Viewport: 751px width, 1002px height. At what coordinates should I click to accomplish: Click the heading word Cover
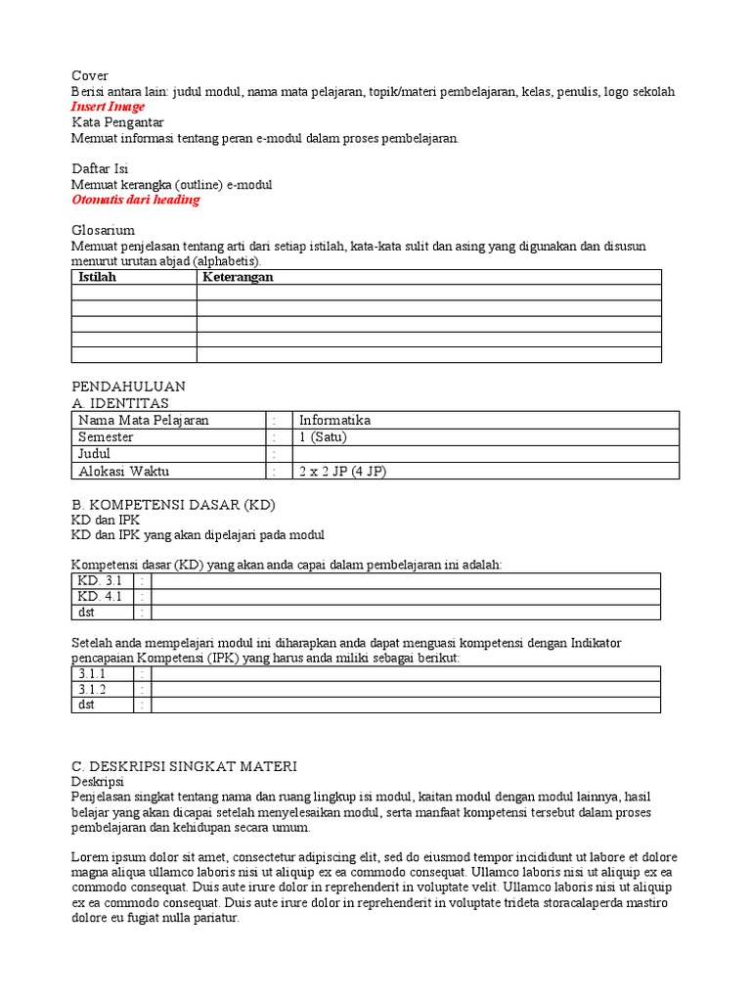pyautogui.click(x=90, y=76)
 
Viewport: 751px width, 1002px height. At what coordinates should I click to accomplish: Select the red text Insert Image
pyautogui.click(x=108, y=107)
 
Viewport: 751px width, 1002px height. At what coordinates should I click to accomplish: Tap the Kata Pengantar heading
pyautogui.click(x=117, y=122)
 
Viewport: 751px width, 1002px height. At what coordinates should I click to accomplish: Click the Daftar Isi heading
pyautogui.click(x=100, y=168)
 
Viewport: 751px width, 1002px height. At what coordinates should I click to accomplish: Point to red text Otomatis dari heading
pyautogui.click(x=135, y=200)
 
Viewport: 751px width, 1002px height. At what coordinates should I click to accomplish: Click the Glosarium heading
pyautogui.click(x=103, y=230)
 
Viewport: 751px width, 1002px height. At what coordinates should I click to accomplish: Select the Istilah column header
pyautogui.click(x=97, y=277)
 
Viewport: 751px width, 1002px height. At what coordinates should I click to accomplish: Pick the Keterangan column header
pyautogui.click(x=238, y=277)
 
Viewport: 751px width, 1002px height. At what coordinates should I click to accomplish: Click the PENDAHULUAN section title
pyautogui.click(x=128, y=387)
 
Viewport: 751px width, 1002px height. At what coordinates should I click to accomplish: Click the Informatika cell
pyautogui.click(x=334, y=421)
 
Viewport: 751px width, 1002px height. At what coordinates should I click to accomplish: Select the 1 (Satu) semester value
pyautogui.click(x=323, y=437)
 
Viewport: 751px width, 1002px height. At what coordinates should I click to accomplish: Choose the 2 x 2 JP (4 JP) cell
pyautogui.click(x=342, y=471)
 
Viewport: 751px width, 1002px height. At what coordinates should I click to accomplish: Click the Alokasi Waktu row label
pyautogui.click(x=123, y=471)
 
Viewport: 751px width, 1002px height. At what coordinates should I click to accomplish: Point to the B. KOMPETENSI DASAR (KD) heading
pyautogui.click(x=173, y=505)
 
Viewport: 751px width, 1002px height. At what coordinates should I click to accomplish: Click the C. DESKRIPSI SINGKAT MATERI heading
pyautogui.click(x=184, y=765)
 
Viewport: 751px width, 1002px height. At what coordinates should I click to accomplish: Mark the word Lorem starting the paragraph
pyautogui.click(x=90, y=856)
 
